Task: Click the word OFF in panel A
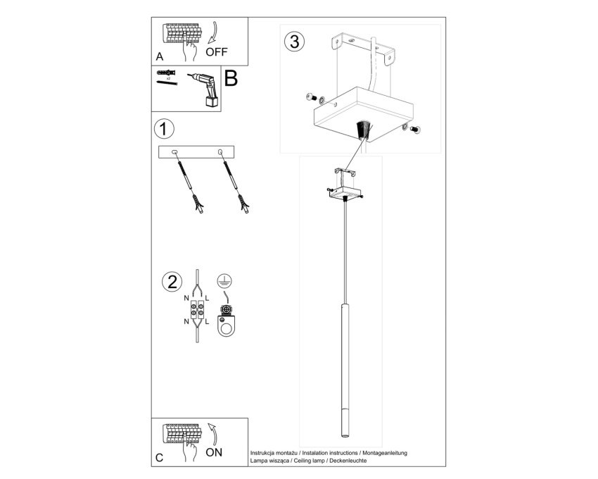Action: coord(216,51)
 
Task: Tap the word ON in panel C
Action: coord(214,452)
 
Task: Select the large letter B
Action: coord(231,78)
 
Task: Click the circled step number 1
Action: coord(164,129)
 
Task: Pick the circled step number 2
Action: coord(172,282)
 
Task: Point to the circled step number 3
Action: coord(294,42)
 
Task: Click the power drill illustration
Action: coord(205,89)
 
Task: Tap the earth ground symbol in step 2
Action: coord(224,281)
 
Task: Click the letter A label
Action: coord(160,56)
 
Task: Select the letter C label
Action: coord(160,458)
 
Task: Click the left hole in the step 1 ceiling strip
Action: coord(174,152)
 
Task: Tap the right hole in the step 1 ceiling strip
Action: coord(220,152)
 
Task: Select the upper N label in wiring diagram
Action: coord(186,298)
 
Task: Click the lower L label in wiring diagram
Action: coord(207,322)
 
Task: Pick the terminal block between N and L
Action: coord(197,310)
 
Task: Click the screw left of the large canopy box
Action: coord(310,97)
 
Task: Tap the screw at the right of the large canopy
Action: coord(415,130)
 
